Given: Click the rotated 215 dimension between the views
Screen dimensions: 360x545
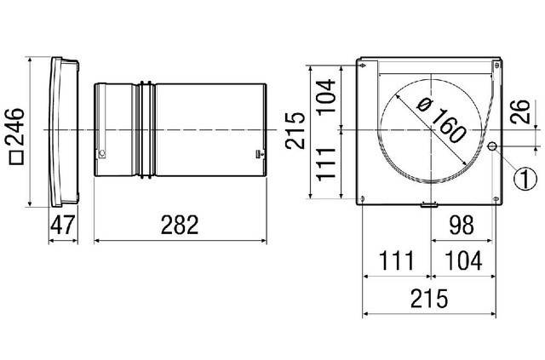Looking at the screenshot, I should [x=295, y=130].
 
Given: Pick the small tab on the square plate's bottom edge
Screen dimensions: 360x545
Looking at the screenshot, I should [x=428, y=204].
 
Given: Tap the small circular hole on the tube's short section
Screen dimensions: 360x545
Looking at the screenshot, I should [x=102, y=153].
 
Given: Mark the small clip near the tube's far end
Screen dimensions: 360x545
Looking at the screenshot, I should [x=258, y=152].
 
